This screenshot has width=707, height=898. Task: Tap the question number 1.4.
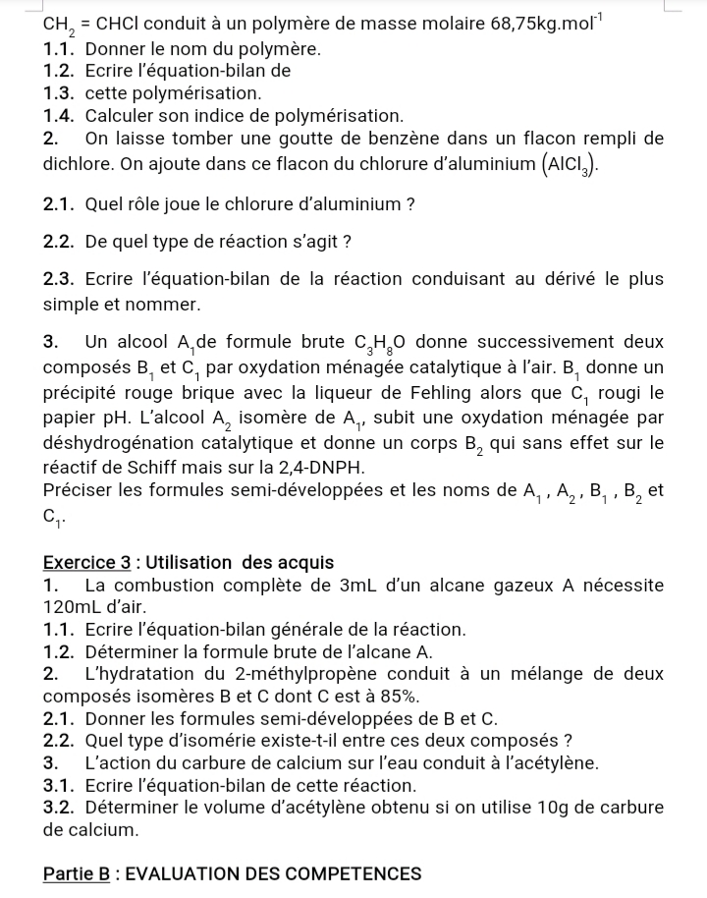(x=61, y=115)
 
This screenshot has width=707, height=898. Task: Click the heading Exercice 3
(x=86, y=563)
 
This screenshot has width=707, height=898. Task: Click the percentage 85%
(x=399, y=697)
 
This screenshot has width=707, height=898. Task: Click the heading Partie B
(x=78, y=873)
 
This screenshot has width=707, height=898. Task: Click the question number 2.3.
(x=61, y=279)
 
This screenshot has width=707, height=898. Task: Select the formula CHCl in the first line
(x=117, y=23)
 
